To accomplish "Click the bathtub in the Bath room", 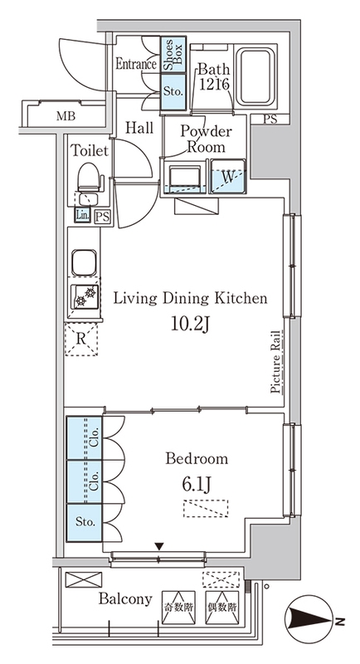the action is click(256, 77).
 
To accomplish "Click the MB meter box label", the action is click(66, 116).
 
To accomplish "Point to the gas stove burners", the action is click(85, 296).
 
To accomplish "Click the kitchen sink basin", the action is click(84, 263).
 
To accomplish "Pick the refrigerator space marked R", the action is click(80, 339).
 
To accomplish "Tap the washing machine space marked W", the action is click(228, 177).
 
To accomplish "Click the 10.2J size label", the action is click(190, 324).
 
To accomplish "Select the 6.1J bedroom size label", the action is click(197, 485).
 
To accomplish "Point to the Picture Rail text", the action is click(276, 362).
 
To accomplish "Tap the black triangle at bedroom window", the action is click(158, 547).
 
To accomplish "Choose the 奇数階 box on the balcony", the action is click(178, 608).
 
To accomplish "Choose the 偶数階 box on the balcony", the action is click(222, 608).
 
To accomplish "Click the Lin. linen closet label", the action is click(82, 216).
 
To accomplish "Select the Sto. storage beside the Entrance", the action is click(173, 92).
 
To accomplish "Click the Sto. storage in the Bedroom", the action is click(85, 523).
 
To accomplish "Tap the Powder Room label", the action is click(206, 139).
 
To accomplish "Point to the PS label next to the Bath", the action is click(270, 120).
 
